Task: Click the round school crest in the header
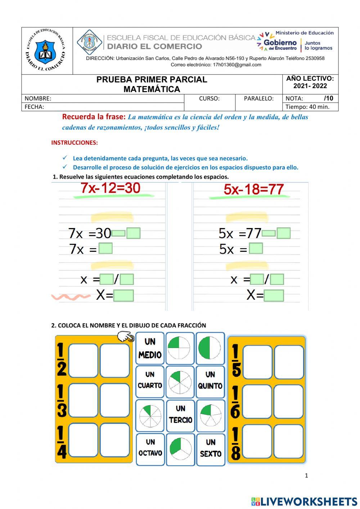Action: tap(46, 51)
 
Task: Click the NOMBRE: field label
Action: tap(38, 98)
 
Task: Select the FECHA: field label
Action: tap(34, 107)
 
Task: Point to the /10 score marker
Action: tap(328, 98)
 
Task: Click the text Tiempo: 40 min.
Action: tap(307, 107)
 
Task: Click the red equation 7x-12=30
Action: tap(111, 188)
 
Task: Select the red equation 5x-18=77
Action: tap(254, 189)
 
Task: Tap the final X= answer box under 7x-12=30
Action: tap(123, 296)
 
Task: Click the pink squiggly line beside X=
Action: tap(71, 297)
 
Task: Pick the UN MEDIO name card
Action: tap(150, 348)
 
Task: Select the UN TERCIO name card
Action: tap(180, 414)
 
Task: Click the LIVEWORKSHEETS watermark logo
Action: tap(304, 501)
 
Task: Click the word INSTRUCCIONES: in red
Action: tap(75, 143)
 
